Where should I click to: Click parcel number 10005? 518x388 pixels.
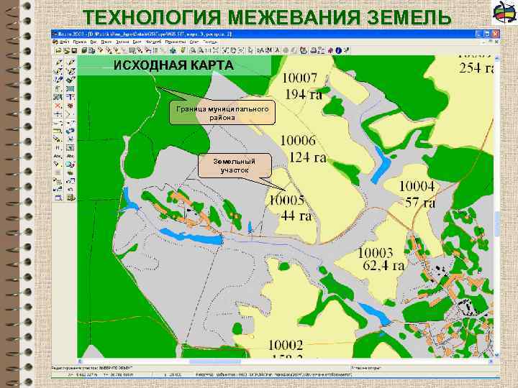coord(288,200)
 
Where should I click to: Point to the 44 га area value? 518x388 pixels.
coord(296,216)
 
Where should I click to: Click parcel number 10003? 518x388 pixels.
coord(376,253)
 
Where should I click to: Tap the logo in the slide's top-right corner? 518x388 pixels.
coord(501,13)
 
